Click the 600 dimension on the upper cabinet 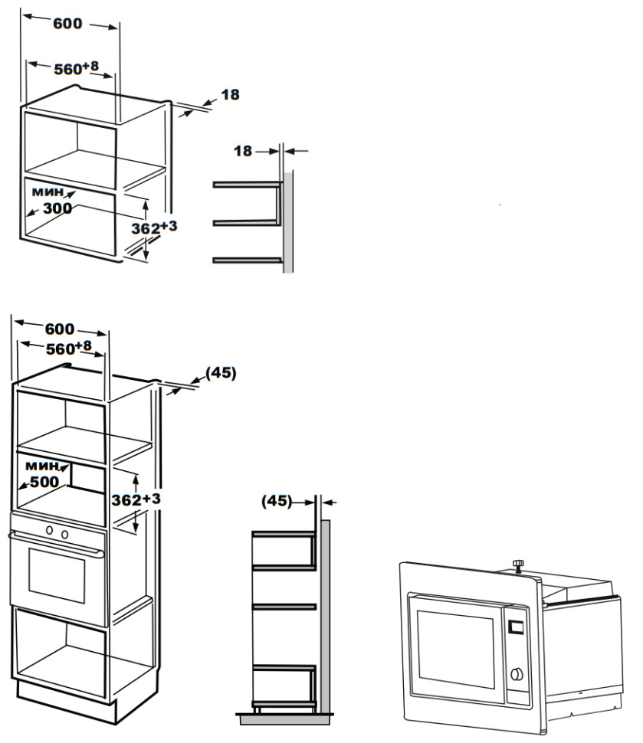pyautogui.click(x=67, y=24)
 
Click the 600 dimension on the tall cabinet pyautogui.click(x=59, y=329)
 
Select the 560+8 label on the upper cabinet pyautogui.click(x=76, y=69)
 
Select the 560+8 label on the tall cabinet pyautogui.click(x=67, y=349)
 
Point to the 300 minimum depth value pyautogui.click(x=57, y=208)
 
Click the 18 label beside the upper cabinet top pyautogui.click(x=230, y=95)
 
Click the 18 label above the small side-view pyautogui.click(x=243, y=152)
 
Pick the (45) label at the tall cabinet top pyautogui.click(x=221, y=373)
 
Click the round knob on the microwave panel pyautogui.click(x=517, y=674)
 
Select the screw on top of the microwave pyautogui.click(x=519, y=565)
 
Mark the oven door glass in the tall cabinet pyautogui.click(x=57, y=576)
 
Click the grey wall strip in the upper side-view pyautogui.click(x=288, y=222)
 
